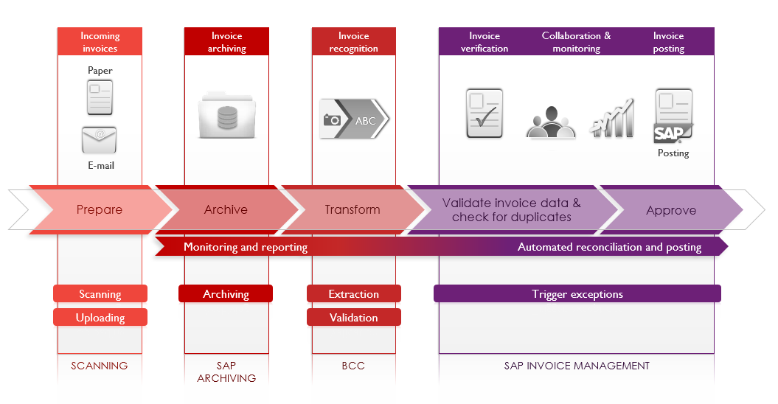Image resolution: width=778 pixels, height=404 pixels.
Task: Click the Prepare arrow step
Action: pos(100,210)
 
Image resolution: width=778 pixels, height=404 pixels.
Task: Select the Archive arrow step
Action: pos(226,210)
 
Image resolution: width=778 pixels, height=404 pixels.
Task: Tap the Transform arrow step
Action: pos(352,210)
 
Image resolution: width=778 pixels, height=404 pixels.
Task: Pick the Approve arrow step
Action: pos(671,211)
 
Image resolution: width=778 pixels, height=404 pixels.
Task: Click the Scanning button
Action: pos(100,294)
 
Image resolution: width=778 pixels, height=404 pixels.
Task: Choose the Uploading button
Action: pos(100,318)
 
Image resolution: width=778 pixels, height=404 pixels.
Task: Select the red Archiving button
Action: pos(226,294)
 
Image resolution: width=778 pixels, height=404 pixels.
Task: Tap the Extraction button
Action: pos(354,294)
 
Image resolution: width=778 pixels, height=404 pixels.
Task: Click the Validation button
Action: pos(354,318)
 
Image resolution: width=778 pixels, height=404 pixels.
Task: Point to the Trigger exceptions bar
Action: pos(577,294)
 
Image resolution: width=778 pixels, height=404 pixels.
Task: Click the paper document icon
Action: pos(100,97)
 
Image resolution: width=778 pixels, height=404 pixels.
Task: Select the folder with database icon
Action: pos(226,114)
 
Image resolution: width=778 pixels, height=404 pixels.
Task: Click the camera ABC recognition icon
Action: pos(354,119)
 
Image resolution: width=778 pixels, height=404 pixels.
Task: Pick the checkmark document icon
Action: pos(484,114)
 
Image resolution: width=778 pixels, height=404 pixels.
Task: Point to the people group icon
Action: pos(550,122)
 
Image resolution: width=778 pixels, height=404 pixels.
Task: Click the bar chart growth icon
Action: pos(612,118)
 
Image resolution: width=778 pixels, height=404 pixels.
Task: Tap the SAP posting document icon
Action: pos(673,115)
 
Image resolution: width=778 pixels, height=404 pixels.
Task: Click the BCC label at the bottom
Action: pos(353,366)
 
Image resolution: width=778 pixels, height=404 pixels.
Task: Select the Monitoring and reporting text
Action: pos(246,247)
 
